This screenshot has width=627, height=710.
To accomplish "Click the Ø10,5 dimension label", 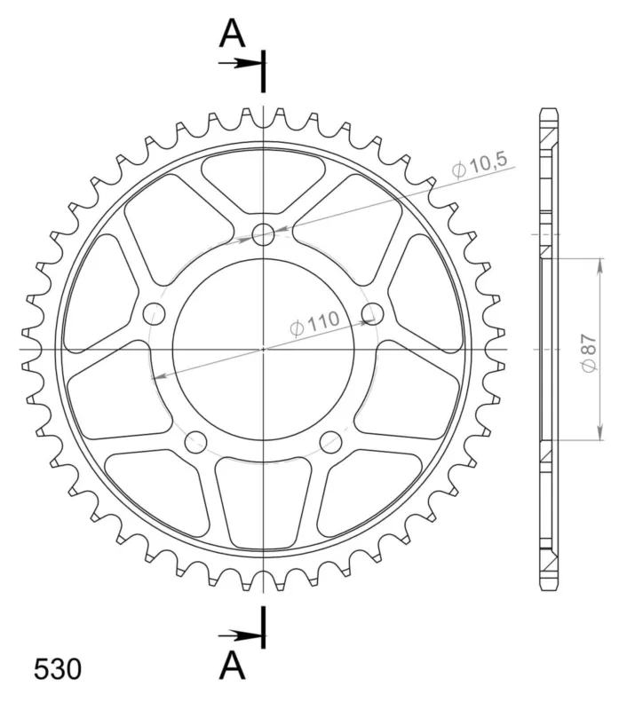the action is pyautogui.click(x=480, y=165).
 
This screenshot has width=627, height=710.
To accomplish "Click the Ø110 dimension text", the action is pyautogui.click(x=314, y=323).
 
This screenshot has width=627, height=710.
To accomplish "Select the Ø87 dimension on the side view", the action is pyautogui.click(x=589, y=353).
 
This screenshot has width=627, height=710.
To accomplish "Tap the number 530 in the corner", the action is pyautogui.click(x=58, y=669).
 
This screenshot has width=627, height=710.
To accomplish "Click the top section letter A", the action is pyautogui.click(x=232, y=34).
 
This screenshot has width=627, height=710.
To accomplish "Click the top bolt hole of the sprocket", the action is pyautogui.click(x=263, y=234).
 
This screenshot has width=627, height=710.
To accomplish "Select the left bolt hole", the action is pyautogui.click(x=154, y=313).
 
